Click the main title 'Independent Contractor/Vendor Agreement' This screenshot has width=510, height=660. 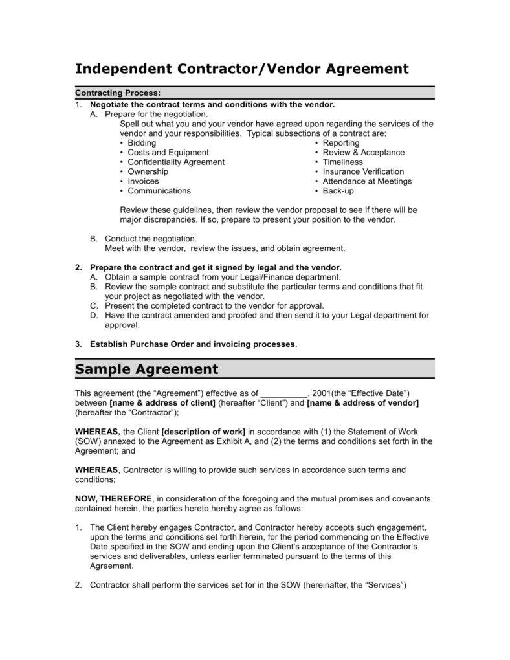[242, 69]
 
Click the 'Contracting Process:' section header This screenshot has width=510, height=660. [118, 93]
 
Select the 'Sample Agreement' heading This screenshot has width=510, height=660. [147, 369]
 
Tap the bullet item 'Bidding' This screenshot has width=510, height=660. [142, 143]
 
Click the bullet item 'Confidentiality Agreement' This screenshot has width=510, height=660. [176, 162]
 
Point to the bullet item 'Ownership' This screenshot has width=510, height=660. [148, 171]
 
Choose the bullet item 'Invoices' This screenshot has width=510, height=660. [143, 181]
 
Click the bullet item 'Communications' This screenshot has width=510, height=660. [159, 191]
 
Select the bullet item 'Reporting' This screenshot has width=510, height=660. [341, 143]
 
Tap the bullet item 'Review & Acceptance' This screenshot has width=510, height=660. [364, 153]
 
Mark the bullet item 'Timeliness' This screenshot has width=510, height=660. [343, 162]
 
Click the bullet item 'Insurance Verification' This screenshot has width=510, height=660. [363, 171]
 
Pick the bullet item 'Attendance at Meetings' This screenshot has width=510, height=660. [367, 181]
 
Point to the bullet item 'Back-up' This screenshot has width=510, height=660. [338, 191]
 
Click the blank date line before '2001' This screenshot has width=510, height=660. [284, 393]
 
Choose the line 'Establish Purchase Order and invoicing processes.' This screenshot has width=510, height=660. [194, 344]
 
